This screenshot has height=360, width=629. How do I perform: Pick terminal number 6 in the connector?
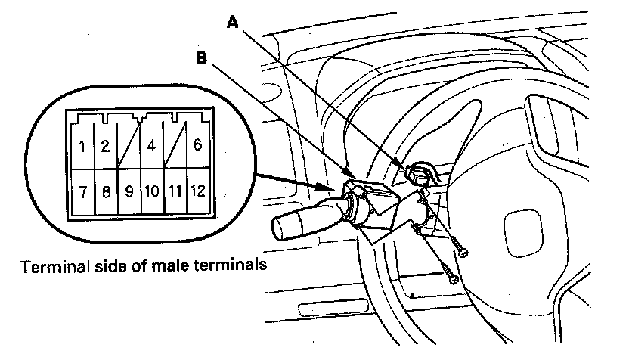197,145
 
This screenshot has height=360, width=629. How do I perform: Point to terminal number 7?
81,191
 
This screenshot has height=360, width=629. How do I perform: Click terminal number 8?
106,191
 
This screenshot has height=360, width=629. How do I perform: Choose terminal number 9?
129,191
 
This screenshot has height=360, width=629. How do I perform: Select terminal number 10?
151,191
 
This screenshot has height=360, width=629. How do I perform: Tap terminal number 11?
174,191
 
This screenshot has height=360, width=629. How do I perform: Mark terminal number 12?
197,191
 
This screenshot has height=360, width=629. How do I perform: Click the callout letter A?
233,23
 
